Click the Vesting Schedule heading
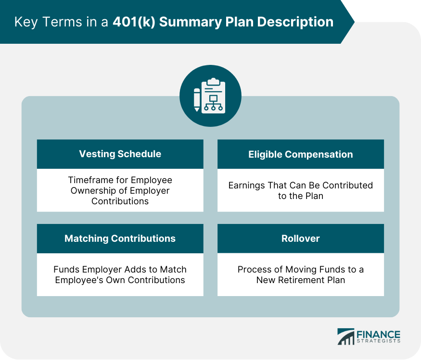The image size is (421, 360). pyautogui.click(x=120, y=154)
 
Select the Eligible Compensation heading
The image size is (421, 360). pyautogui.click(x=300, y=154)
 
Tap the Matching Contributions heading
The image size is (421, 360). pyautogui.click(x=120, y=238)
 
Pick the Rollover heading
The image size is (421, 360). pyautogui.click(x=300, y=238)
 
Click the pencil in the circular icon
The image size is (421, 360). pyautogui.click(x=197, y=99)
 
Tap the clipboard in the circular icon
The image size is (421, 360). pyautogui.click(x=214, y=96)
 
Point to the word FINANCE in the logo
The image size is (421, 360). pyautogui.click(x=378, y=334)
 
